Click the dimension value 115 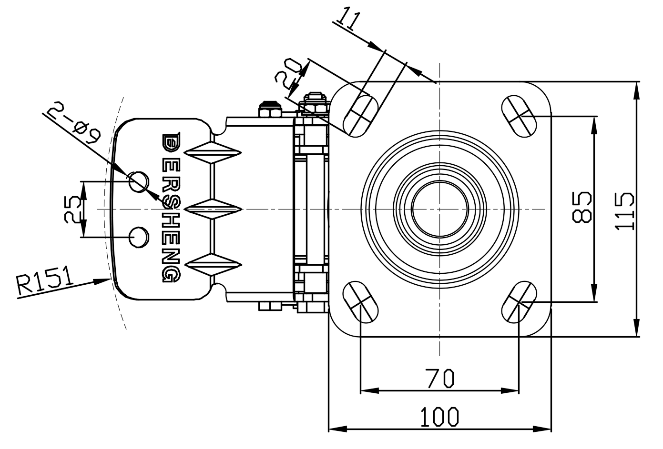point(624,211)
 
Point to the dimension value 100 point(439,417)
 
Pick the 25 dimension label point(73,209)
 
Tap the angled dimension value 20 point(289,73)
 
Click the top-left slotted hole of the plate point(360,116)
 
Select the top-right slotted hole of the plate point(519,115)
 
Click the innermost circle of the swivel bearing point(439,209)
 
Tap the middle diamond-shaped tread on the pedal point(211,208)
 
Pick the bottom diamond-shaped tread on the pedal point(211,264)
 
